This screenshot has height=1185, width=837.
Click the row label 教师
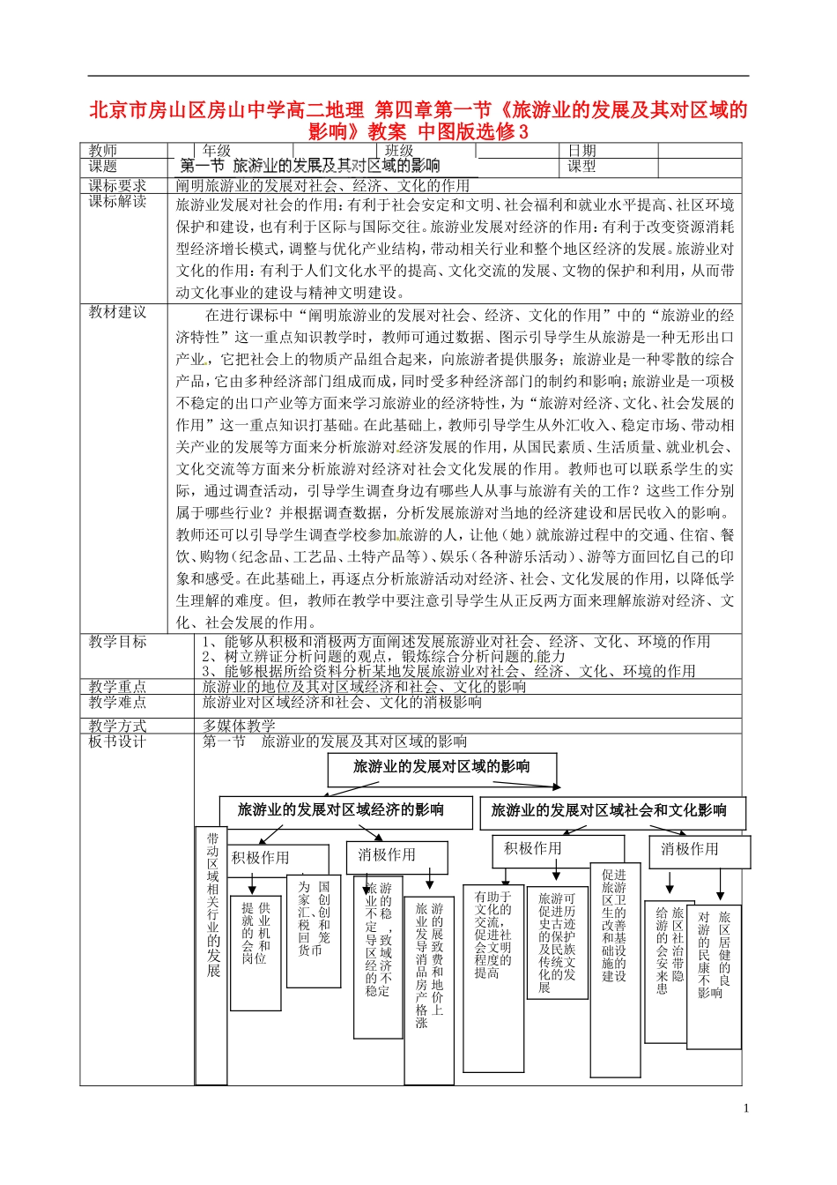click(x=103, y=151)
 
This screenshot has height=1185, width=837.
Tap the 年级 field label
click(x=217, y=151)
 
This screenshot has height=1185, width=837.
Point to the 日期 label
click(x=581, y=151)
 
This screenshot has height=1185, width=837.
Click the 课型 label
click(x=581, y=166)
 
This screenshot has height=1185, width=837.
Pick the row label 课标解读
click(x=117, y=202)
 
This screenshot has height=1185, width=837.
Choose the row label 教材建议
click(x=117, y=312)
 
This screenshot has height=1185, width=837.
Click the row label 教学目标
click(x=117, y=642)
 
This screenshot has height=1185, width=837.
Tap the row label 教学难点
click(x=117, y=703)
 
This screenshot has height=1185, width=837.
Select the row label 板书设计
click(x=117, y=742)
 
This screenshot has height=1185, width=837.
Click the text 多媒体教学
click(x=239, y=726)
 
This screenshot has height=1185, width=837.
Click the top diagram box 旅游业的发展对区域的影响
click(x=441, y=767)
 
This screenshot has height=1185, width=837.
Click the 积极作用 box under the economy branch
click(x=261, y=858)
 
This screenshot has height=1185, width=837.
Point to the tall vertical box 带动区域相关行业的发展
click(x=212, y=908)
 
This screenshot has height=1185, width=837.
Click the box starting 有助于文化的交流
click(x=493, y=935)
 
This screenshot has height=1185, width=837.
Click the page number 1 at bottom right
click(x=745, y=1108)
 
